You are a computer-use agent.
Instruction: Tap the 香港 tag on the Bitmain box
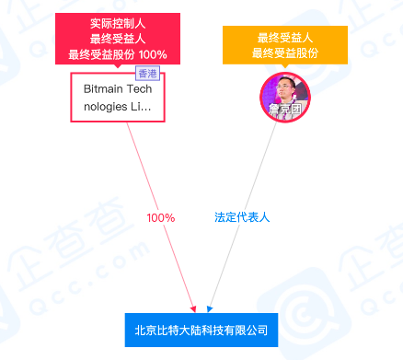coord(147,74)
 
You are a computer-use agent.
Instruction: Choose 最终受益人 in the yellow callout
coord(284,38)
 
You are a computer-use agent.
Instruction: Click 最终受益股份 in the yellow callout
coord(284,53)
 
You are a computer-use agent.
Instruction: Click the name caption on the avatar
coord(284,114)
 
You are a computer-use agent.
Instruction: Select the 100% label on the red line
coord(161,218)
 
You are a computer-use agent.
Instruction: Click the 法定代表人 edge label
coord(241,218)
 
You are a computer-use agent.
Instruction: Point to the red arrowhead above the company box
coord(193,308)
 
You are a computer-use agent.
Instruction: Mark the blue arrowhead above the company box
coord(210,308)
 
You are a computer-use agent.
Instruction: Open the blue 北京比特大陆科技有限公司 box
coord(201,330)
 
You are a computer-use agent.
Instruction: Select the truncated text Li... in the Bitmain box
coord(143,106)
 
